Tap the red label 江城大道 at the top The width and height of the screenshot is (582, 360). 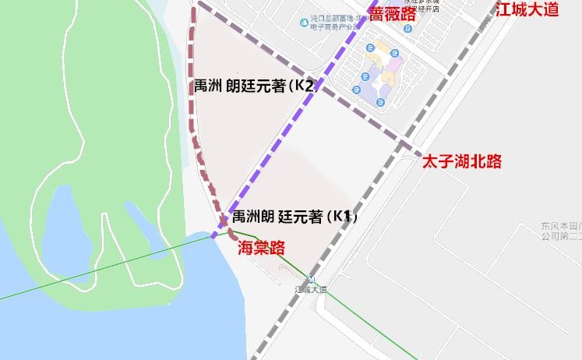pos(527,10)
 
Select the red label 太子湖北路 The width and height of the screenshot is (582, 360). pos(461,161)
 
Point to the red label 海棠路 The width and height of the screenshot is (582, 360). pos(261,247)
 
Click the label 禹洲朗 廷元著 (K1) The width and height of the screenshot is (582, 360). pos(295,217)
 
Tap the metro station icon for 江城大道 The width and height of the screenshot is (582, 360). pos(311,280)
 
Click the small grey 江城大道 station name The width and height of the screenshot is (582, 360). pos(311,289)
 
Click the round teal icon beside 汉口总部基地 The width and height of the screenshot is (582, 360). pos(303,21)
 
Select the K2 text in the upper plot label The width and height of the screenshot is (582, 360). pos(304,86)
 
